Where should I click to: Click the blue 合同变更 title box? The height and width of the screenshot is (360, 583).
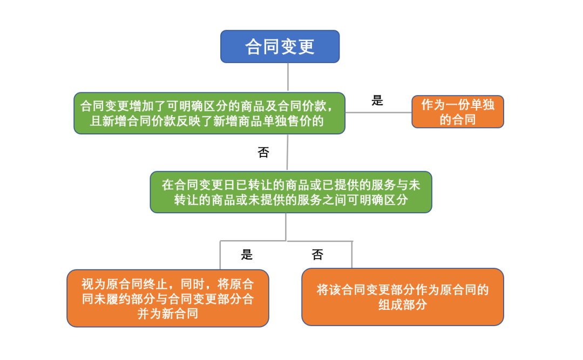pyautogui.click(x=280, y=46)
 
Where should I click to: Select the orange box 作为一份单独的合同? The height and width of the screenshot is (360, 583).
pyautogui.click(x=458, y=112)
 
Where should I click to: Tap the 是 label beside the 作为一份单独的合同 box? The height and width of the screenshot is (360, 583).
pyautogui.click(x=377, y=100)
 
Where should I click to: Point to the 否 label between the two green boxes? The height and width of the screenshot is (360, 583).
pyautogui.click(x=263, y=152)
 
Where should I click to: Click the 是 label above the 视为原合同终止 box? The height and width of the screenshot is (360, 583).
pyautogui.click(x=247, y=254)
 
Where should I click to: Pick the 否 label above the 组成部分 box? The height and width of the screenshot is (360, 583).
pyautogui.click(x=317, y=254)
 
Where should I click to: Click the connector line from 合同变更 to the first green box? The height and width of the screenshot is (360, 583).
pyautogui.click(x=288, y=77)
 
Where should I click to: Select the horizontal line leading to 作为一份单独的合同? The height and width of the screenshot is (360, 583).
pyautogui.click(x=378, y=112)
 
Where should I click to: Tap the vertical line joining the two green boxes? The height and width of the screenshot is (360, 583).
pyautogui.click(x=287, y=153)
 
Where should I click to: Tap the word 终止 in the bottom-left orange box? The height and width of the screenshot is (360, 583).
pyautogui.click(x=155, y=284)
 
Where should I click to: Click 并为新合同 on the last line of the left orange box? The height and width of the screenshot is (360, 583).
pyautogui.click(x=168, y=314)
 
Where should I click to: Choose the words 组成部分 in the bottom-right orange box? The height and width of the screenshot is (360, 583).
pyautogui.click(x=403, y=304)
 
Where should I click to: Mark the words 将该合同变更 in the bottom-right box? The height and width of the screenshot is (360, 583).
pyautogui.click(x=353, y=290)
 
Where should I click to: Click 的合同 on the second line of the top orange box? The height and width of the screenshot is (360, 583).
pyautogui.click(x=458, y=119)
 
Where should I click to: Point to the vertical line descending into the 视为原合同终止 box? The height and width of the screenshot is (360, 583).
pyautogui.click(x=220, y=255)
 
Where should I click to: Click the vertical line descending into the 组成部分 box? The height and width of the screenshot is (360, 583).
pyautogui.click(x=352, y=255)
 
